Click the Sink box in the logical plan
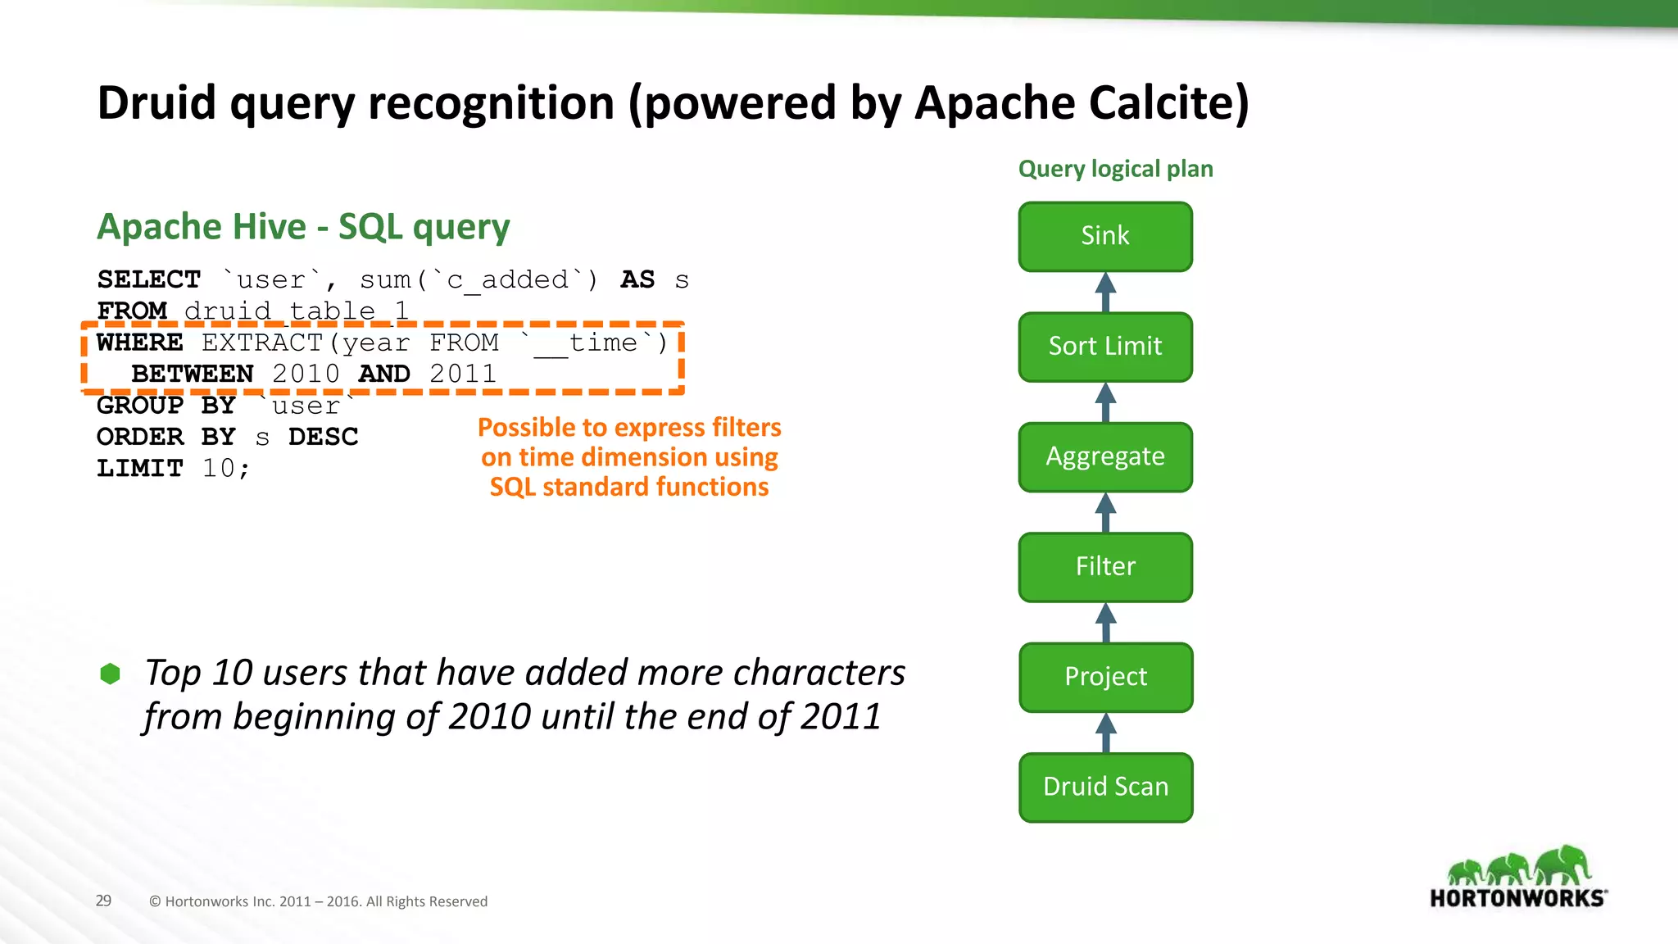pos(1105,236)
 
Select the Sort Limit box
pos(1105,347)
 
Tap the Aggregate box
pos(1105,456)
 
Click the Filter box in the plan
pos(1105,567)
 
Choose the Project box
pos(1105,677)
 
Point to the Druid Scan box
pos(1105,787)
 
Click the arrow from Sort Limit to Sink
pos(1105,292)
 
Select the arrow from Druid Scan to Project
pos(1105,732)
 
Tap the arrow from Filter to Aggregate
pos(1105,512)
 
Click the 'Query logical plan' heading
pos(1115,169)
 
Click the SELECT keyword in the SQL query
pos(149,279)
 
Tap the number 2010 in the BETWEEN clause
pos(306,374)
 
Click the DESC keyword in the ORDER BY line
pos(323,437)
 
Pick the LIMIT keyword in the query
pos(140,468)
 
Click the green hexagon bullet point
pos(110,674)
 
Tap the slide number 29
pos(103,901)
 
